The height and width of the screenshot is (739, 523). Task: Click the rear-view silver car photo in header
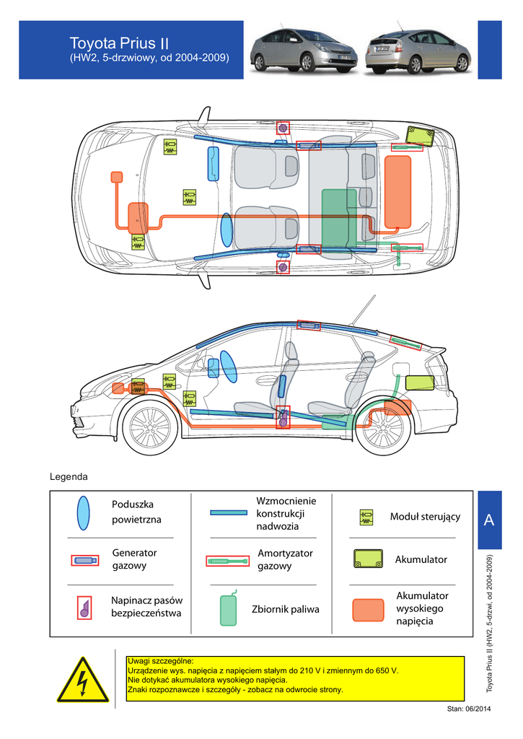418,50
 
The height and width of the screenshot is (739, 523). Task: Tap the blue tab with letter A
490,520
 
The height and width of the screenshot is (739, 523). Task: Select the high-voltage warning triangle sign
83,680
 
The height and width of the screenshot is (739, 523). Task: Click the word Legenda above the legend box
69,477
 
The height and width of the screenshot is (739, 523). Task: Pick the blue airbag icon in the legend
84,513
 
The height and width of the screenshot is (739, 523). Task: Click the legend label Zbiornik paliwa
285,610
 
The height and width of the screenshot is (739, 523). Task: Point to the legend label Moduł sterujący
425,517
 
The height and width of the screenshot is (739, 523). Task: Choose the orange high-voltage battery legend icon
368,610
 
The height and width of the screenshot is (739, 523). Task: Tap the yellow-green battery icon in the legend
368,559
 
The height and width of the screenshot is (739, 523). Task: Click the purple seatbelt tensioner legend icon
84,608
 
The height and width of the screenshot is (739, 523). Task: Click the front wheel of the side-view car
150,428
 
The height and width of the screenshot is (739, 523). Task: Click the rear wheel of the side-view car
384,428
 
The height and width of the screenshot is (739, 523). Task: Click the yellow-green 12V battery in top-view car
419,135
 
